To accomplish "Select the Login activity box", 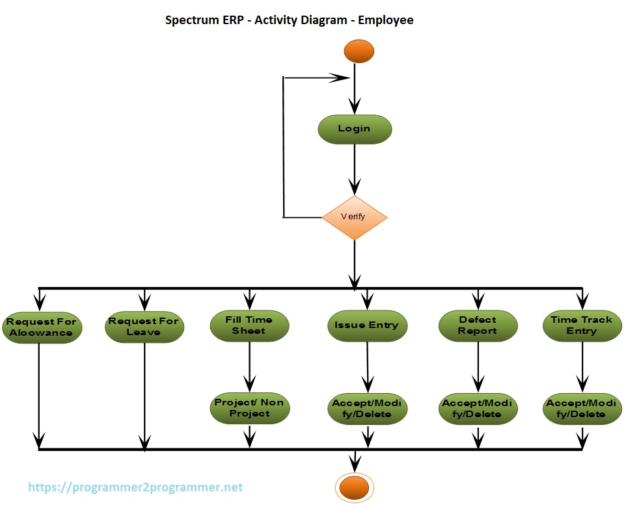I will click(x=355, y=129).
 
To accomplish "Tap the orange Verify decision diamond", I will click(x=355, y=217).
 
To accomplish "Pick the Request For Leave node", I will click(x=143, y=327).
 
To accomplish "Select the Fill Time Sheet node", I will click(x=249, y=325).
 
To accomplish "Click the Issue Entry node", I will click(x=366, y=325).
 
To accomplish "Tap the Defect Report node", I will click(x=478, y=325).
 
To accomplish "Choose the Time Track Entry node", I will click(x=581, y=325).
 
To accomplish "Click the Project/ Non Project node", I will click(x=249, y=408).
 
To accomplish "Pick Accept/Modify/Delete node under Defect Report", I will click(x=478, y=409).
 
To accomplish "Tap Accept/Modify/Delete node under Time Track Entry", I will click(x=581, y=409).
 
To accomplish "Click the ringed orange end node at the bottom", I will click(x=355, y=487).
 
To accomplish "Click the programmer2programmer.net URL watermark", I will click(x=135, y=487).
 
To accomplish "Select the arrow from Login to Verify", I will click(x=355, y=169).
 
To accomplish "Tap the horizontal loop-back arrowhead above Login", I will click(x=338, y=77).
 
